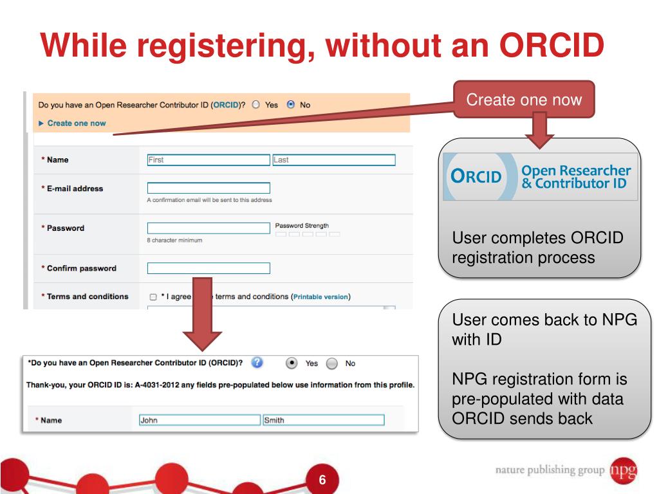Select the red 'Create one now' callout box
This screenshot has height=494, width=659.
[524, 100]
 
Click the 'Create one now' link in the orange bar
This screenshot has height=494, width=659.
[76, 123]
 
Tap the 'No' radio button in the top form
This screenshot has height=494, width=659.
[291, 104]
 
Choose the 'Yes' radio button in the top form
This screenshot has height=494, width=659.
[256, 104]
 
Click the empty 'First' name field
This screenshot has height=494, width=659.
[208, 160]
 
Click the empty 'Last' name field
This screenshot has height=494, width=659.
[333, 160]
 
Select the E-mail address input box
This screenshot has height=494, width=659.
[208, 188]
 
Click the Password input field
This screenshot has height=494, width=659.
[208, 228]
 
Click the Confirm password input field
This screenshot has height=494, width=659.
[208, 268]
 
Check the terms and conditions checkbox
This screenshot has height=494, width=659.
[153, 297]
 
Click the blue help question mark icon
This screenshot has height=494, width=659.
[257, 363]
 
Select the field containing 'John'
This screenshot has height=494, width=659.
[199, 420]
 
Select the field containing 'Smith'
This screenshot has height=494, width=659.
[322, 420]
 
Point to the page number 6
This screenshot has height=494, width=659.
[322, 480]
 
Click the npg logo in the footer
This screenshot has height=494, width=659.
[624, 470]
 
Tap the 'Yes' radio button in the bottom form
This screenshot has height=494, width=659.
[292, 363]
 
